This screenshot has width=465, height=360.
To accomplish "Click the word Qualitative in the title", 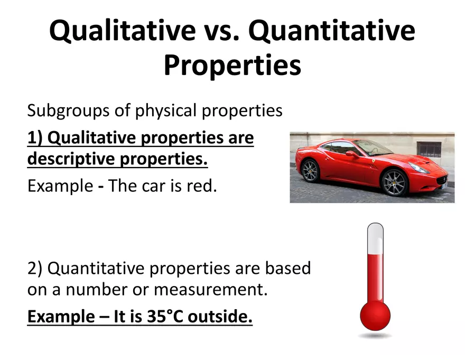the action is coord(123,31).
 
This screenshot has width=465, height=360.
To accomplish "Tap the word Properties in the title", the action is coord(232,66).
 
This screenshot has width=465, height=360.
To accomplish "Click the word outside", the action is coord(220,316).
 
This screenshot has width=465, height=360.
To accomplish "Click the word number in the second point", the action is coord(96,289).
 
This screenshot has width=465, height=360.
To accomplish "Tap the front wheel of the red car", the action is coord(394,182).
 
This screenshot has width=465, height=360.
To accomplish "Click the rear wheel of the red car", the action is coord(310,171).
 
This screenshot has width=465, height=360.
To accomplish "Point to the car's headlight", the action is coord(418,168).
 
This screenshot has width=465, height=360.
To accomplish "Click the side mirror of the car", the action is coord(351,153).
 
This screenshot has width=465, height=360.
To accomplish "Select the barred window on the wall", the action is coord(429,149).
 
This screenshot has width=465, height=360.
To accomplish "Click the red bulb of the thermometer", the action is coord(375,316).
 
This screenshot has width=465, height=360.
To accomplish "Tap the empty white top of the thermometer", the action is coord(375,239).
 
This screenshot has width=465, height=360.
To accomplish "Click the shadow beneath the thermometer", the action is coord(375,336).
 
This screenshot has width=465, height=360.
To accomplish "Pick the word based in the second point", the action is coord(288,268).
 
